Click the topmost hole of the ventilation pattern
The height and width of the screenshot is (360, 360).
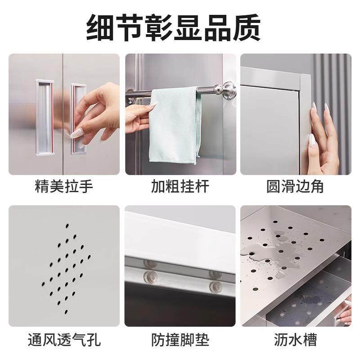point(67,225)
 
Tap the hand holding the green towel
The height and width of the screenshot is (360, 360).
point(137,115)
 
